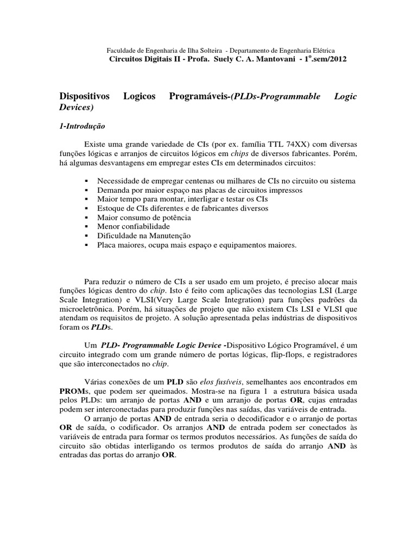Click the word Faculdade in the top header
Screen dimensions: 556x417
pos(120,49)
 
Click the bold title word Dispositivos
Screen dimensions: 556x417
pos(84,96)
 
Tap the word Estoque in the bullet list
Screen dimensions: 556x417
pos(110,208)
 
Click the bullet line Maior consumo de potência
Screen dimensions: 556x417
pos(144,217)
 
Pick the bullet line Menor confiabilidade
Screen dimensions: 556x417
pos(133,226)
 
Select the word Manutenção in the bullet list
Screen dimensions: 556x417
pos(172,236)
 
